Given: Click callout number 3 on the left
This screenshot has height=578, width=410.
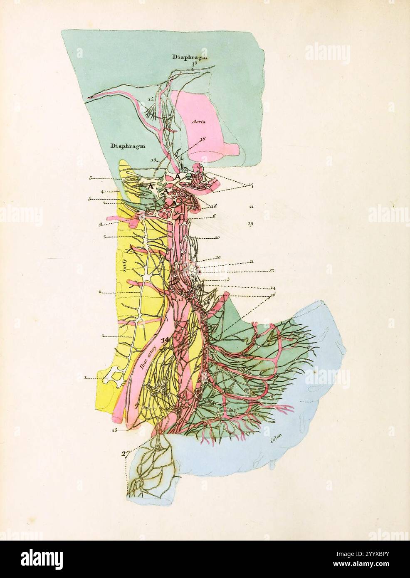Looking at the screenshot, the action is (90, 178).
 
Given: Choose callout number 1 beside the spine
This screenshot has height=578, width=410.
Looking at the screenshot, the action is (85, 378).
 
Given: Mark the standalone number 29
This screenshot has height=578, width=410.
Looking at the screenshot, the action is (251, 224).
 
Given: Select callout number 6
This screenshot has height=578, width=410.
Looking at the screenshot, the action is (214, 216).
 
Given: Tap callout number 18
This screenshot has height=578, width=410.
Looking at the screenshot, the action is (215, 206).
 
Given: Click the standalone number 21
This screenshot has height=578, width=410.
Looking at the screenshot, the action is (251, 207).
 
